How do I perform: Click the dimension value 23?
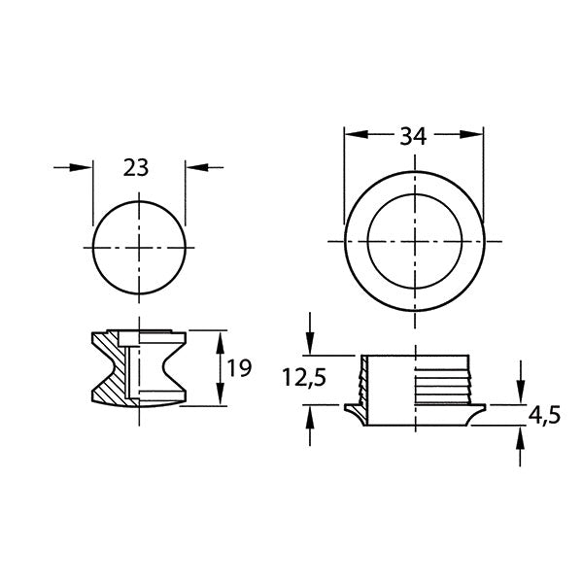click(x=137, y=167)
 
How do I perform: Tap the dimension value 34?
click(x=414, y=136)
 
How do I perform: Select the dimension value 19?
click(x=238, y=368)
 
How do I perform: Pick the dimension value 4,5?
click(x=545, y=415)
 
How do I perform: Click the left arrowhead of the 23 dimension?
click(x=85, y=168)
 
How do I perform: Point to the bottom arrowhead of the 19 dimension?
click(x=220, y=399)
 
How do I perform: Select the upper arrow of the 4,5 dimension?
click(x=522, y=394)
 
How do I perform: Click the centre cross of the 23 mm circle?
click(x=138, y=248)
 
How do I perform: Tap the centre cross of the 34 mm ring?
click(x=415, y=240)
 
